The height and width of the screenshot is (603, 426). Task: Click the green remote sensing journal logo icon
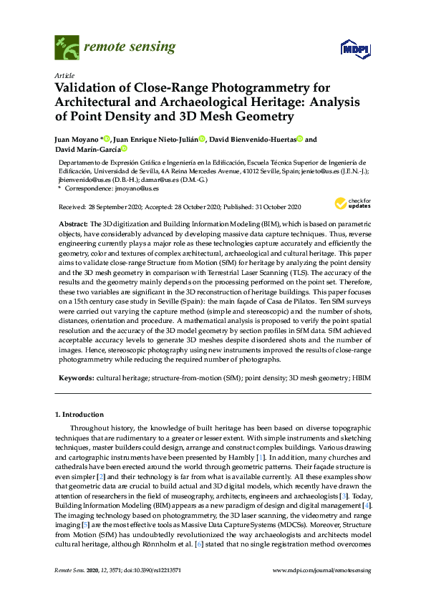pyautogui.click(x=66, y=49)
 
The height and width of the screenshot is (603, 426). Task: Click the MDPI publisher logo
pyautogui.click(x=348, y=48)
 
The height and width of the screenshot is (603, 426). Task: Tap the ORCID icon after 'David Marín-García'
pyautogui.click(x=124, y=149)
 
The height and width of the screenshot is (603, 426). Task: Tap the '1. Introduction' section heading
pyautogui.click(x=79, y=415)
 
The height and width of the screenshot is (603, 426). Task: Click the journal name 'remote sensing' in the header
pyautogui.click(x=130, y=48)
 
